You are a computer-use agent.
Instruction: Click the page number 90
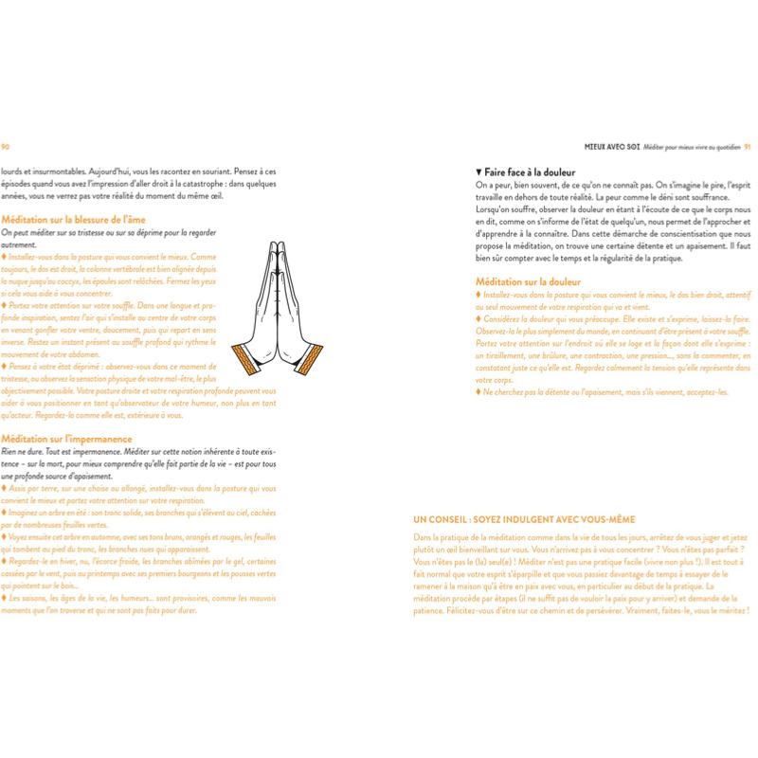point(6,146)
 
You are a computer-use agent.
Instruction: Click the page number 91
point(747,146)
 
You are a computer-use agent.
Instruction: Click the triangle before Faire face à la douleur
point(478,171)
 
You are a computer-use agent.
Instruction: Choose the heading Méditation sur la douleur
point(529,281)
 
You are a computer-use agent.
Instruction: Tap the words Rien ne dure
point(20,451)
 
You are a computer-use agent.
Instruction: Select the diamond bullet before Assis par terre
point(3,488)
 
